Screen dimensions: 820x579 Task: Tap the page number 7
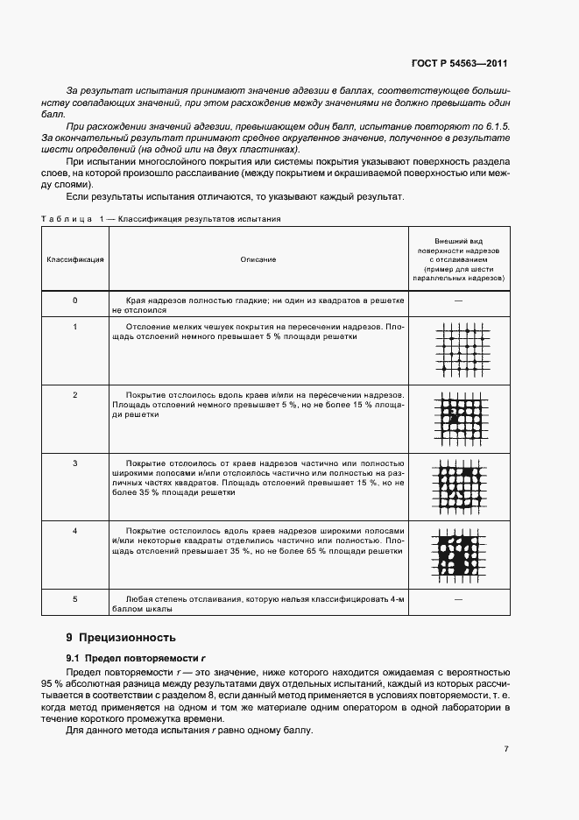tap(506, 748)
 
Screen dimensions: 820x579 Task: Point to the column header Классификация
tap(75, 259)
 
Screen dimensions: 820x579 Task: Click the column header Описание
tap(258, 259)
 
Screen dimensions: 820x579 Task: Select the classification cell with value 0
tap(75, 300)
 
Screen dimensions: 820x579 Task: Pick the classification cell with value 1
tap(75, 327)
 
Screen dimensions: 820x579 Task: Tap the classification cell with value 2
tap(75, 395)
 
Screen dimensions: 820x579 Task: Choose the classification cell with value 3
tap(75, 462)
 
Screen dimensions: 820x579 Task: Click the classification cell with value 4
tap(75, 531)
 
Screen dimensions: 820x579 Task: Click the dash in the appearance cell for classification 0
tap(458, 300)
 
